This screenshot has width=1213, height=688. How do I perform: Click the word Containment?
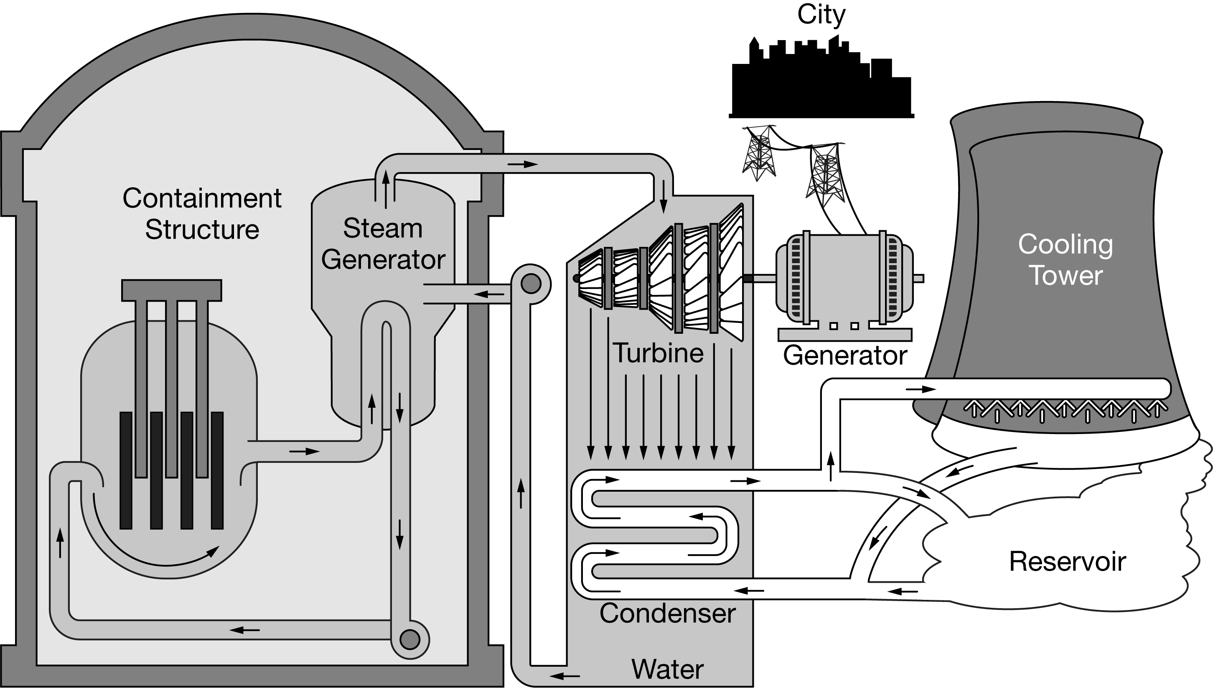coord(202,198)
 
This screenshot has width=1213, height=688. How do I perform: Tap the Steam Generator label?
coord(383,244)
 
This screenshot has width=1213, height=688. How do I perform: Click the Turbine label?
coord(658,353)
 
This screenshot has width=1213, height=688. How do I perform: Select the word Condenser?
coord(667,614)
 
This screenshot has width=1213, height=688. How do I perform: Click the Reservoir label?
coord(1068,562)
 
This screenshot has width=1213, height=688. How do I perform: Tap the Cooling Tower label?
coord(1065,260)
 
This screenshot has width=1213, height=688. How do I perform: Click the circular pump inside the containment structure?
coord(409,640)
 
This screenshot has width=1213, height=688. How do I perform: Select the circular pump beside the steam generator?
coord(530,284)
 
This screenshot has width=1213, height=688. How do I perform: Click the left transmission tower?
coord(758,153)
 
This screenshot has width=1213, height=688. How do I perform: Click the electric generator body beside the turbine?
coord(844,278)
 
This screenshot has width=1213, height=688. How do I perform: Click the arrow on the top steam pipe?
coord(523,165)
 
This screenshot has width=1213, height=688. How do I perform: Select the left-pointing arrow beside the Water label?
coord(564,676)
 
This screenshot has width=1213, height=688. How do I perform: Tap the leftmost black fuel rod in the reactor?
coord(126,470)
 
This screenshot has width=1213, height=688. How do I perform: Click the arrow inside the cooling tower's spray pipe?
coord(921,389)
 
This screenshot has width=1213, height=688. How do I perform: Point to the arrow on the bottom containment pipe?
coord(244,630)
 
